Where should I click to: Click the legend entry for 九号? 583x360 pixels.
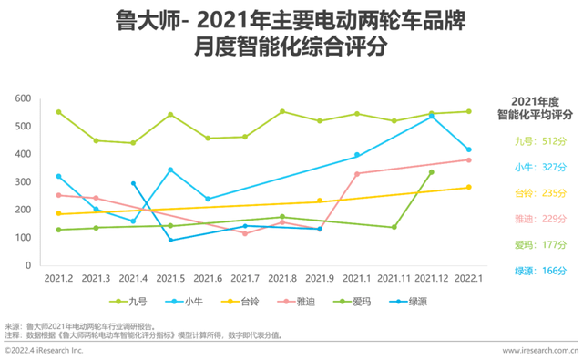(135, 302)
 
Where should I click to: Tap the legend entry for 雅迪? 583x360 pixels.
(309, 302)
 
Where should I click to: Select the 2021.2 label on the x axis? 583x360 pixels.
(59, 277)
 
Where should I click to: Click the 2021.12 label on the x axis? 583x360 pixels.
(432, 277)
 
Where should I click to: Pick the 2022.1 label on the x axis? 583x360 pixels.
(469, 277)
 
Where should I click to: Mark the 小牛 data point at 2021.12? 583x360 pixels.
(432, 117)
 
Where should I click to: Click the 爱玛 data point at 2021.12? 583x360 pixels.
(432, 172)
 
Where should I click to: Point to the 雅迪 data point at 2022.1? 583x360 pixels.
(469, 159)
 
